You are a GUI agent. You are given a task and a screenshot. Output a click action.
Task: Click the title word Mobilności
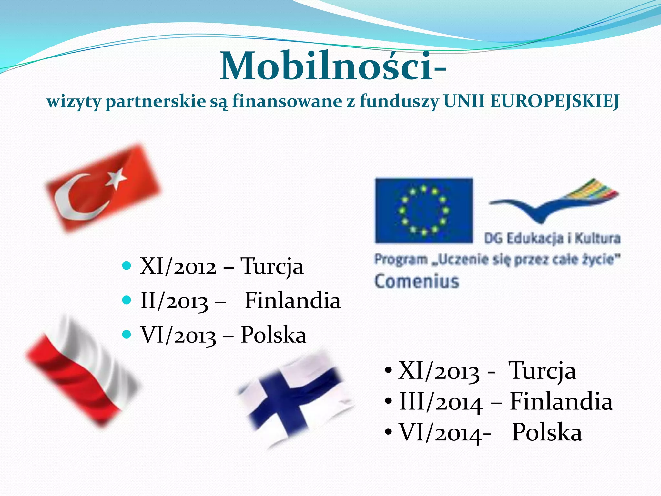point(326,66)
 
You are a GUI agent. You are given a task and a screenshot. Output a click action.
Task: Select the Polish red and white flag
point(82,371)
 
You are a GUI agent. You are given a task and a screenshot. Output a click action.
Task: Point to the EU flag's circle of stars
point(424,210)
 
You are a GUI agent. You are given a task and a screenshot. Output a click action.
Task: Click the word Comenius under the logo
point(417,281)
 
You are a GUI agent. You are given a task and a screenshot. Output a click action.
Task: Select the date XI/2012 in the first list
point(178,267)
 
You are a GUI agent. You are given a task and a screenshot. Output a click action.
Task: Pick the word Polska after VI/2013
point(273,335)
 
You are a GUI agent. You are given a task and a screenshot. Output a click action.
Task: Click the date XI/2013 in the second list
point(439,371)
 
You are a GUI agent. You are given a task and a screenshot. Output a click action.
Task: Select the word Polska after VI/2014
point(547,433)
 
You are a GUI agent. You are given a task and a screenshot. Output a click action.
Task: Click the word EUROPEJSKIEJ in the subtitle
point(554,101)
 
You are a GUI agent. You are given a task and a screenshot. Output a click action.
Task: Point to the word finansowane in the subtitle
point(287,101)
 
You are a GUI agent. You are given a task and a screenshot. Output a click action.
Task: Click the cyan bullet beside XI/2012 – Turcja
point(127,266)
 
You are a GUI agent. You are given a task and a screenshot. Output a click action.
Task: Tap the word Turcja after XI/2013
point(542,371)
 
